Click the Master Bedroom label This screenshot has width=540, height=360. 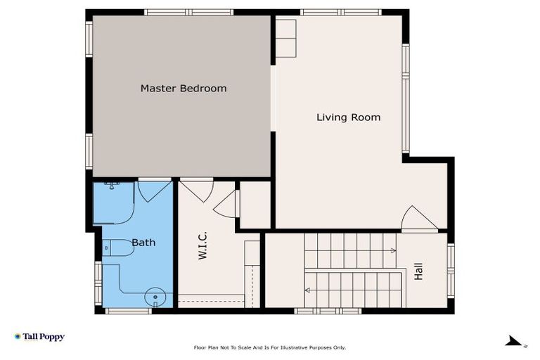click(184, 89)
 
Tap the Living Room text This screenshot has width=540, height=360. click(348, 117)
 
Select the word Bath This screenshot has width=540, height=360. click(143, 243)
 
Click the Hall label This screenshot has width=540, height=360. click(419, 272)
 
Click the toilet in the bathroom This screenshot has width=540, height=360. click(118, 247)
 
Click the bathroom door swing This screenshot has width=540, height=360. click(153, 190)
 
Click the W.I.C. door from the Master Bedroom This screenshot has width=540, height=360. click(198, 190)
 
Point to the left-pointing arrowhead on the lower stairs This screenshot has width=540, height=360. click(307, 290)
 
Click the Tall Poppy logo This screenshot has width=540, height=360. click(39, 337)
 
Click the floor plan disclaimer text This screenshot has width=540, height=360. click(269, 347)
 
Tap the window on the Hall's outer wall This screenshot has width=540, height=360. click(451, 271)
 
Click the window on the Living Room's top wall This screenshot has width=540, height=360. click(340, 12)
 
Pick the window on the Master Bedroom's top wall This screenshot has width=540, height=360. click(188, 12)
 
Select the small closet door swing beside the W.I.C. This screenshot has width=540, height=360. click(227, 204)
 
